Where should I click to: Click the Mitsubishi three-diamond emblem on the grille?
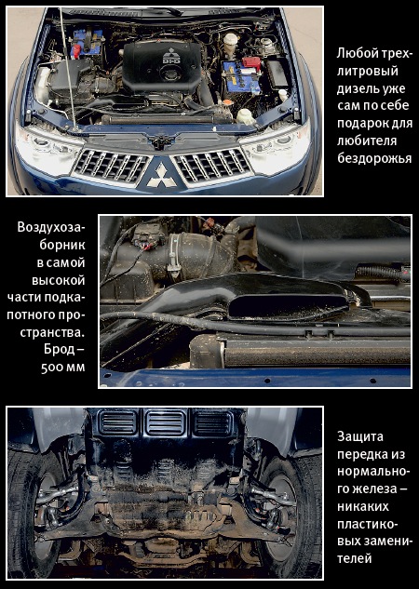[161, 176]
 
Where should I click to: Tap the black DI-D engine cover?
[162, 66]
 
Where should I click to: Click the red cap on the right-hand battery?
[251, 62]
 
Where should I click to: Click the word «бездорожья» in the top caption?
[374, 158]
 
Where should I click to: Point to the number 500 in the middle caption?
[52, 368]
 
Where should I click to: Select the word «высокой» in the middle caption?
[59, 281]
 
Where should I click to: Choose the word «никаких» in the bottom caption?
[362, 506]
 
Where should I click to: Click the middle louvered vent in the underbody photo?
[166, 422]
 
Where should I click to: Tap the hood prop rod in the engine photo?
[68, 68]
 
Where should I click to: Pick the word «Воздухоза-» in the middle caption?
[51, 228]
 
